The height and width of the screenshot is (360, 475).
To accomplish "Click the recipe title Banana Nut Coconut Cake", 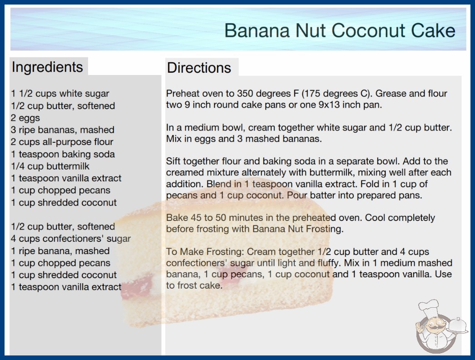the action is click(x=340, y=30).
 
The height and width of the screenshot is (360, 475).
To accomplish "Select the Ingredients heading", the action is click(x=47, y=67).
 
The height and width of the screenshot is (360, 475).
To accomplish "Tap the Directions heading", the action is click(x=199, y=68).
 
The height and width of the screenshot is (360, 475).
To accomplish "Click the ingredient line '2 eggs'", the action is click(x=25, y=118).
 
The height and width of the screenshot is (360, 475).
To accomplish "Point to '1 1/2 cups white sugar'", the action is click(x=60, y=94).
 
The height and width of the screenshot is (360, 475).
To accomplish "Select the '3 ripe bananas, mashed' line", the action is click(x=62, y=130).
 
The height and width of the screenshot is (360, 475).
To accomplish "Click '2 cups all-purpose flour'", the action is click(x=62, y=142).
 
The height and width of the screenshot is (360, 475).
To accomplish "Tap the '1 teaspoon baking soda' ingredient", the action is click(x=63, y=154).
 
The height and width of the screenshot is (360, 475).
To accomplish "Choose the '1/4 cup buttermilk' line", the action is click(x=50, y=166).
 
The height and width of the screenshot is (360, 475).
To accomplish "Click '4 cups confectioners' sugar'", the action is click(x=70, y=239).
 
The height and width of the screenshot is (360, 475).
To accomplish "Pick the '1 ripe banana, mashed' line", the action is click(x=60, y=251).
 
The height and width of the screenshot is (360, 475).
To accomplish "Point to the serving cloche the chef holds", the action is click(x=457, y=326).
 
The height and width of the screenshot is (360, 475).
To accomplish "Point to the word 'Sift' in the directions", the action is click(x=173, y=161).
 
